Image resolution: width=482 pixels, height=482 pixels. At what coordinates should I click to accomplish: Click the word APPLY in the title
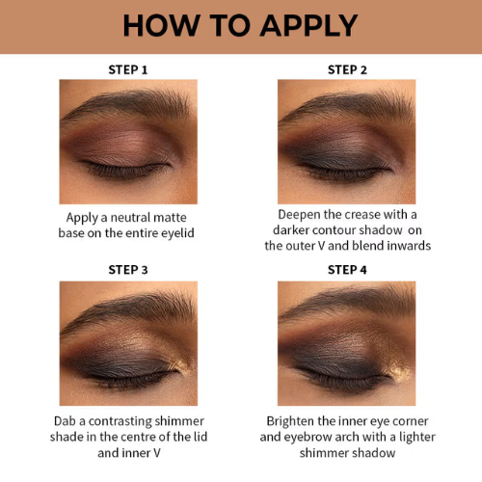point(308,25)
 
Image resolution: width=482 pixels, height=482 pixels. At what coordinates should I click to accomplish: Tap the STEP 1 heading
point(128,69)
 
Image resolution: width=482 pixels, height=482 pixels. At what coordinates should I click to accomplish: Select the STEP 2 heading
point(347,69)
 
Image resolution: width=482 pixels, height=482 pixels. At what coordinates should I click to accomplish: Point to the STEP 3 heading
point(128,270)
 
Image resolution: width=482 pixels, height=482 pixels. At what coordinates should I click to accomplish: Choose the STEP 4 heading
point(347,270)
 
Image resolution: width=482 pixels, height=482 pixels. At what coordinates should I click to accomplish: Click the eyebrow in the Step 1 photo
point(128,103)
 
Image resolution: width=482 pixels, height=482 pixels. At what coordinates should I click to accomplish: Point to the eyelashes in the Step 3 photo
point(128,379)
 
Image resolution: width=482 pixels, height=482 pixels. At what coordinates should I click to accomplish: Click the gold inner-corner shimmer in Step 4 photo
point(398,369)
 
